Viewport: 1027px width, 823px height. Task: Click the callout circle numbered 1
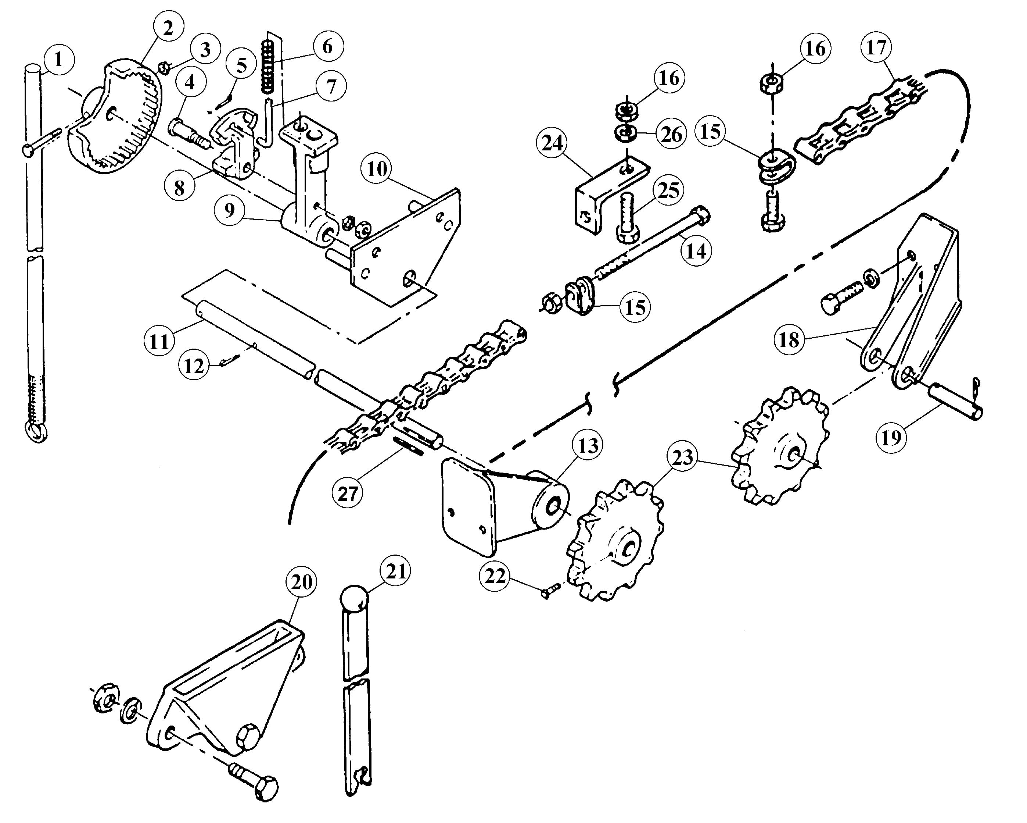click(58, 60)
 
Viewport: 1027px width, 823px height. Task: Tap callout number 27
click(347, 493)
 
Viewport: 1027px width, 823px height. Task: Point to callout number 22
click(495, 576)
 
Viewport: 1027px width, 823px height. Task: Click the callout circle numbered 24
click(552, 143)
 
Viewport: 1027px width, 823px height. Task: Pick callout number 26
click(671, 135)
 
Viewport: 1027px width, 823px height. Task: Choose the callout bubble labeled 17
click(876, 48)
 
